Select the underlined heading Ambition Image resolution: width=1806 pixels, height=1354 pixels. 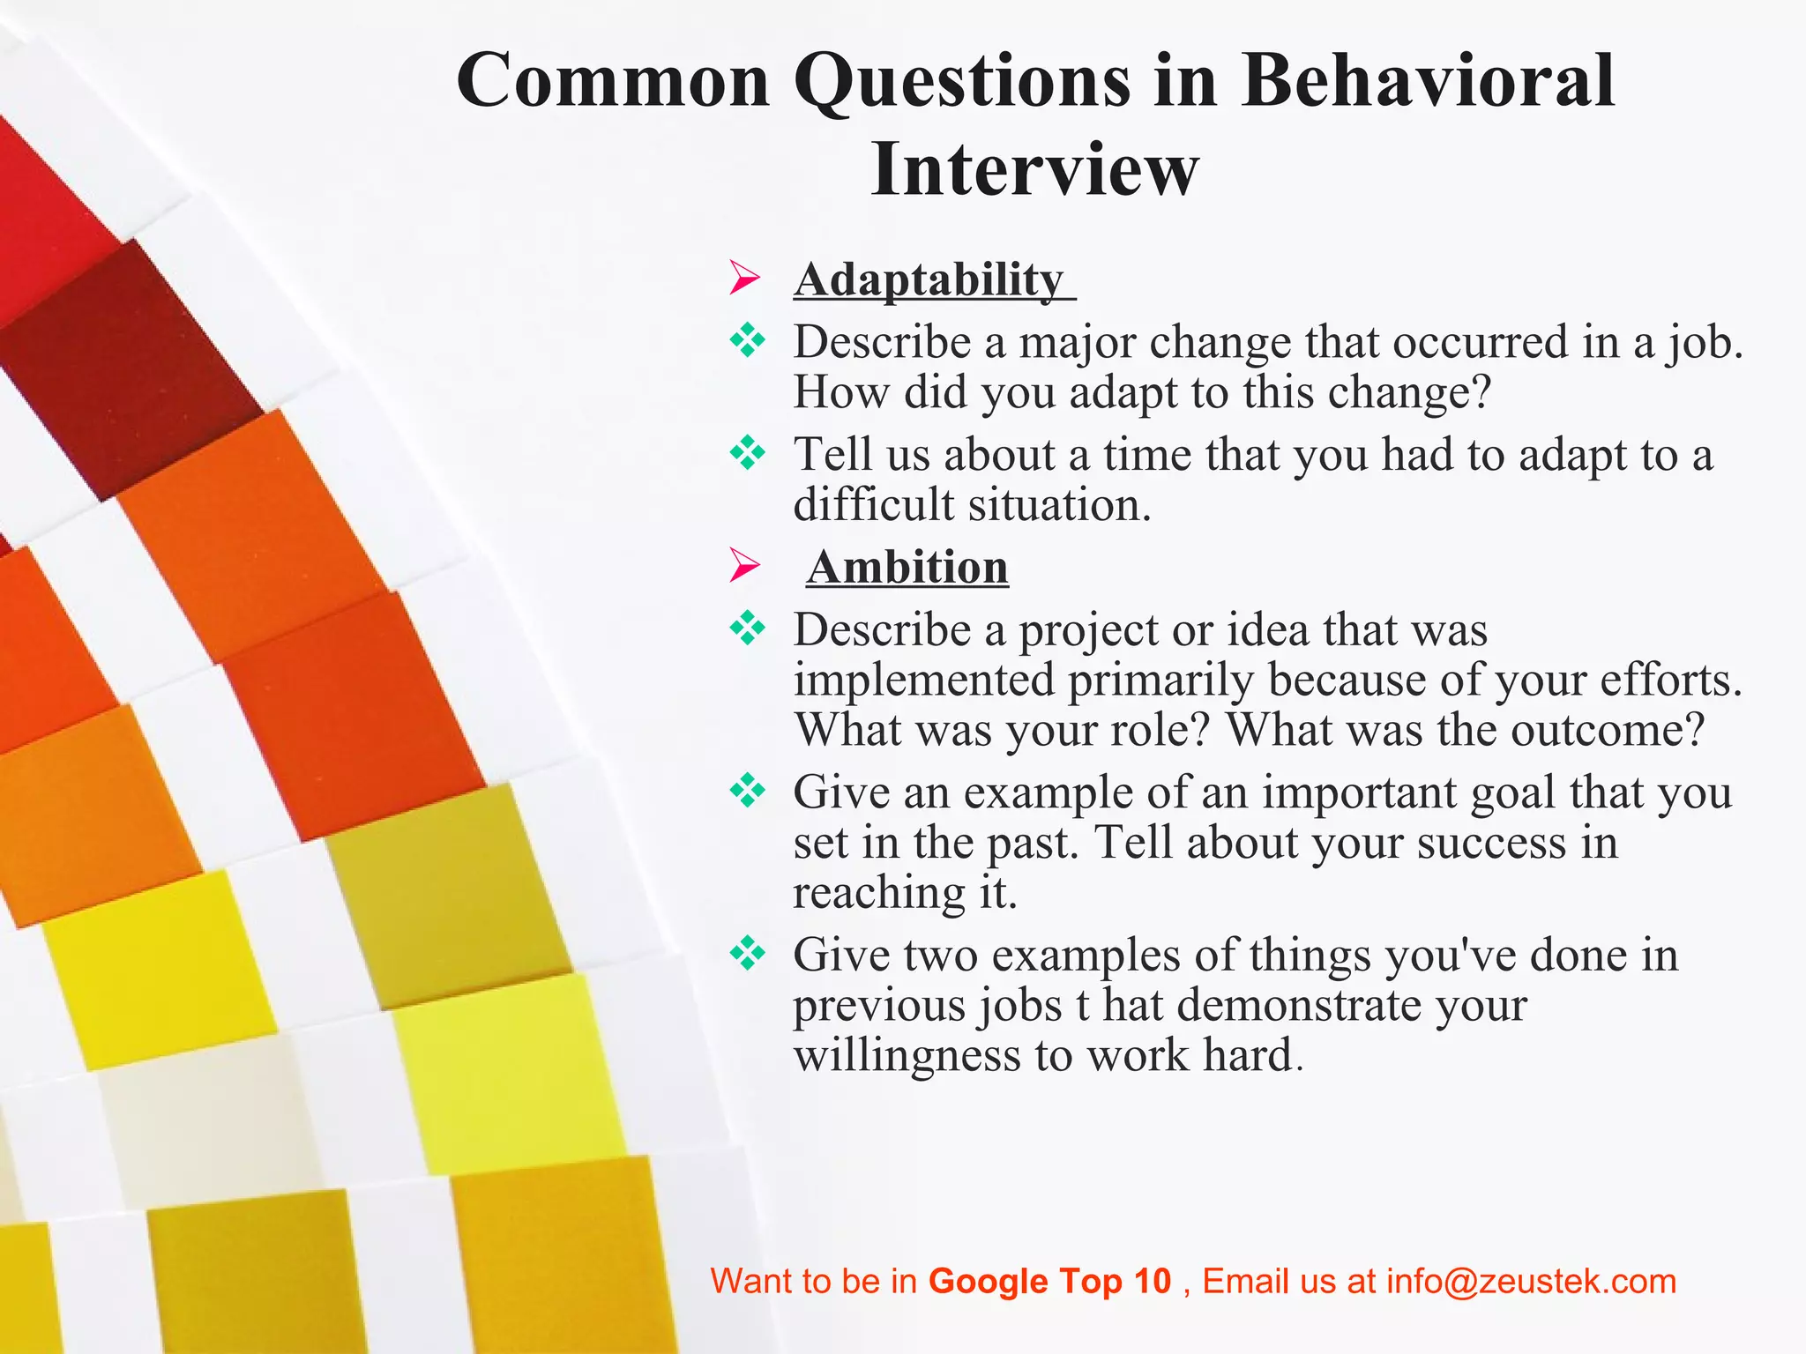point(907,567)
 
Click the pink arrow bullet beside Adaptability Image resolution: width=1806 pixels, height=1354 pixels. point(745,279)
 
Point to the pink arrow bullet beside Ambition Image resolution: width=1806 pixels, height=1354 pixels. point(745,565)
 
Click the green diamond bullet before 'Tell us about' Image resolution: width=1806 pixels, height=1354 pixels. point(748,453)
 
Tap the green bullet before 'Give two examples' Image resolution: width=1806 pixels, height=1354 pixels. point(748,953)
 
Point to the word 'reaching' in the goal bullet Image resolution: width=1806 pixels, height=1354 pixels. point(879,893)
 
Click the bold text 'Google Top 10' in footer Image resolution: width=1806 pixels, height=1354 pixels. point(1049,1281)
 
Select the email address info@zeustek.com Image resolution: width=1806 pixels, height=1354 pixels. point(1531,1281)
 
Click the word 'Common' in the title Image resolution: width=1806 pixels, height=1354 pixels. point(614,81)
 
